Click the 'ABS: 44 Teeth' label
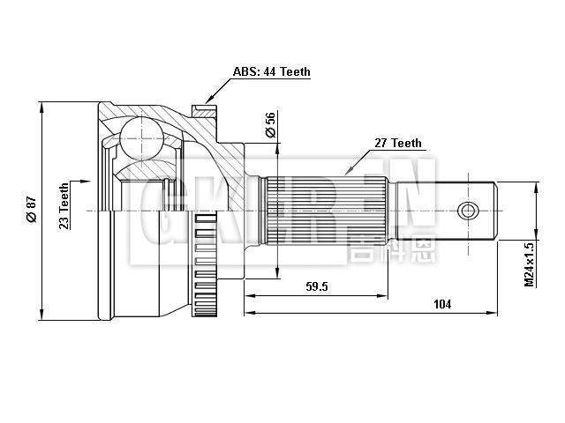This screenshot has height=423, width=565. [271, 72]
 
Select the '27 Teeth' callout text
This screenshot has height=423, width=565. [398, 143]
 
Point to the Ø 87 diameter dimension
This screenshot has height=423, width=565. [32, 208]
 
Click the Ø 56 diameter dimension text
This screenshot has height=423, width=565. [271, 126]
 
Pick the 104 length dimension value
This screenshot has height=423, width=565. [442, 304]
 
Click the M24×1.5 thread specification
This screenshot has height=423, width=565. [530, 263]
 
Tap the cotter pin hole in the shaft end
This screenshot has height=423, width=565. [468, 211]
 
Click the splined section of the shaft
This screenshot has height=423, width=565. [327, 210]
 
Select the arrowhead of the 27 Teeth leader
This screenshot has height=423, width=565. [347, 170]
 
